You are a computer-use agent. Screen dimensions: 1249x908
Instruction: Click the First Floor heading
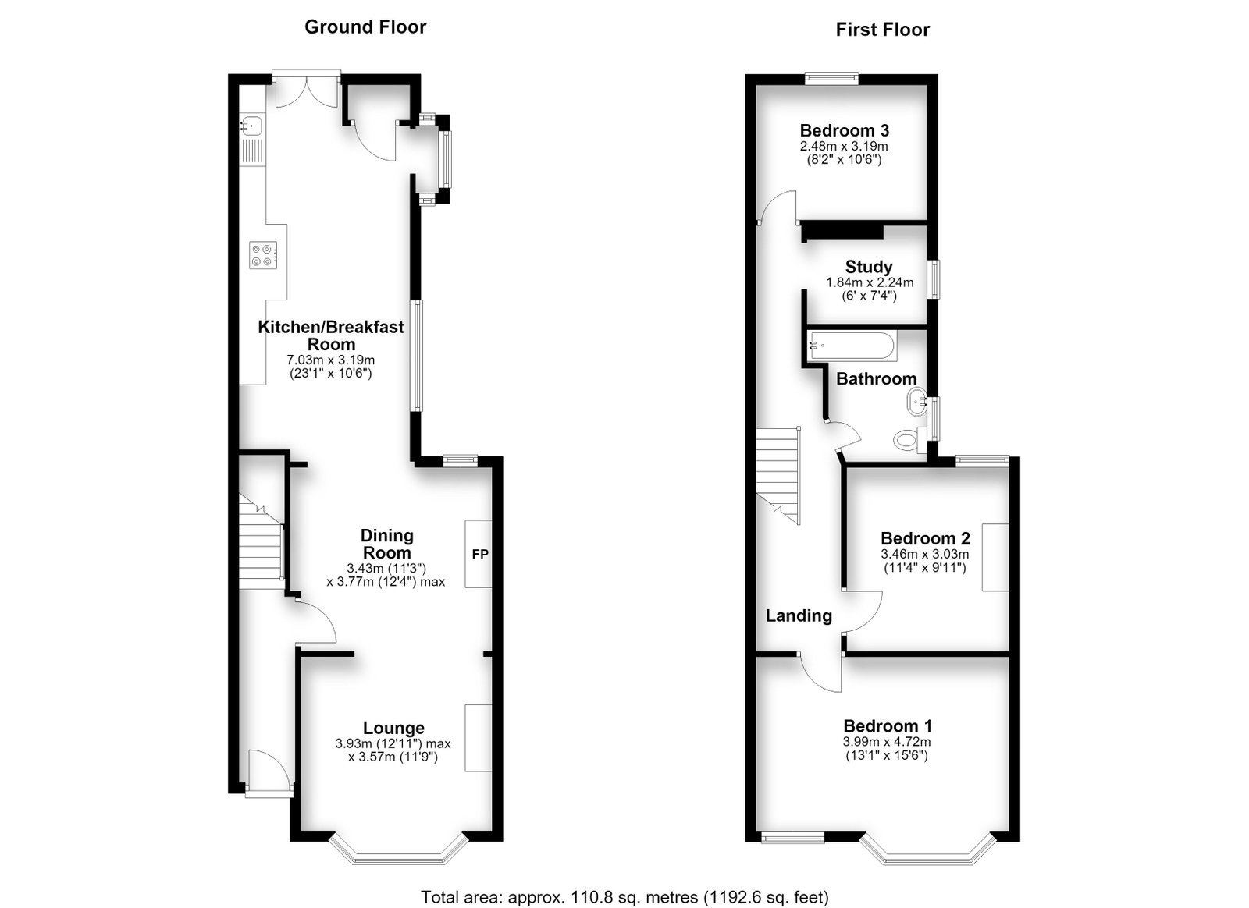tap(883, 30)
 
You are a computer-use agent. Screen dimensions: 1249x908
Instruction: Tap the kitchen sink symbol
tap(253, 124)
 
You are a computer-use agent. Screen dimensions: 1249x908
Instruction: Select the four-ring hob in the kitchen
tap(263, 255)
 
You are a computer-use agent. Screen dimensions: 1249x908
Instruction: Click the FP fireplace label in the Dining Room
tap(480, 554)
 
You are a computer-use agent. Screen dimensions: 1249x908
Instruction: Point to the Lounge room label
tap(393, 728)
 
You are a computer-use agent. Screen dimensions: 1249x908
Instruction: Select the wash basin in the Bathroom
tap(917, 402)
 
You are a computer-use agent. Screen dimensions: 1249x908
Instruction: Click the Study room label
tap(869, 266)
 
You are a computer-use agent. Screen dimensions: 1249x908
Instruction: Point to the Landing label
tap(799, 615)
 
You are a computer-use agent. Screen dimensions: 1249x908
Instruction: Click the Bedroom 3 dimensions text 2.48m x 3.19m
tap(844, 147)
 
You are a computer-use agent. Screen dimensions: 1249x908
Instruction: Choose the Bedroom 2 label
tap(925, 538)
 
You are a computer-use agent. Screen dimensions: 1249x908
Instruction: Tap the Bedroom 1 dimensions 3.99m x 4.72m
tap(887, 742)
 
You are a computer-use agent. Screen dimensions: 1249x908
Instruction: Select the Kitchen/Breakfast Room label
tap(331, 335)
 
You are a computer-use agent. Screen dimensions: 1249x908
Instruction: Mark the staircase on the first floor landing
tap(778, 476)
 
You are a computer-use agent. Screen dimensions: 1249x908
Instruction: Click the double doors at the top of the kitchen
tap(306, 89)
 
